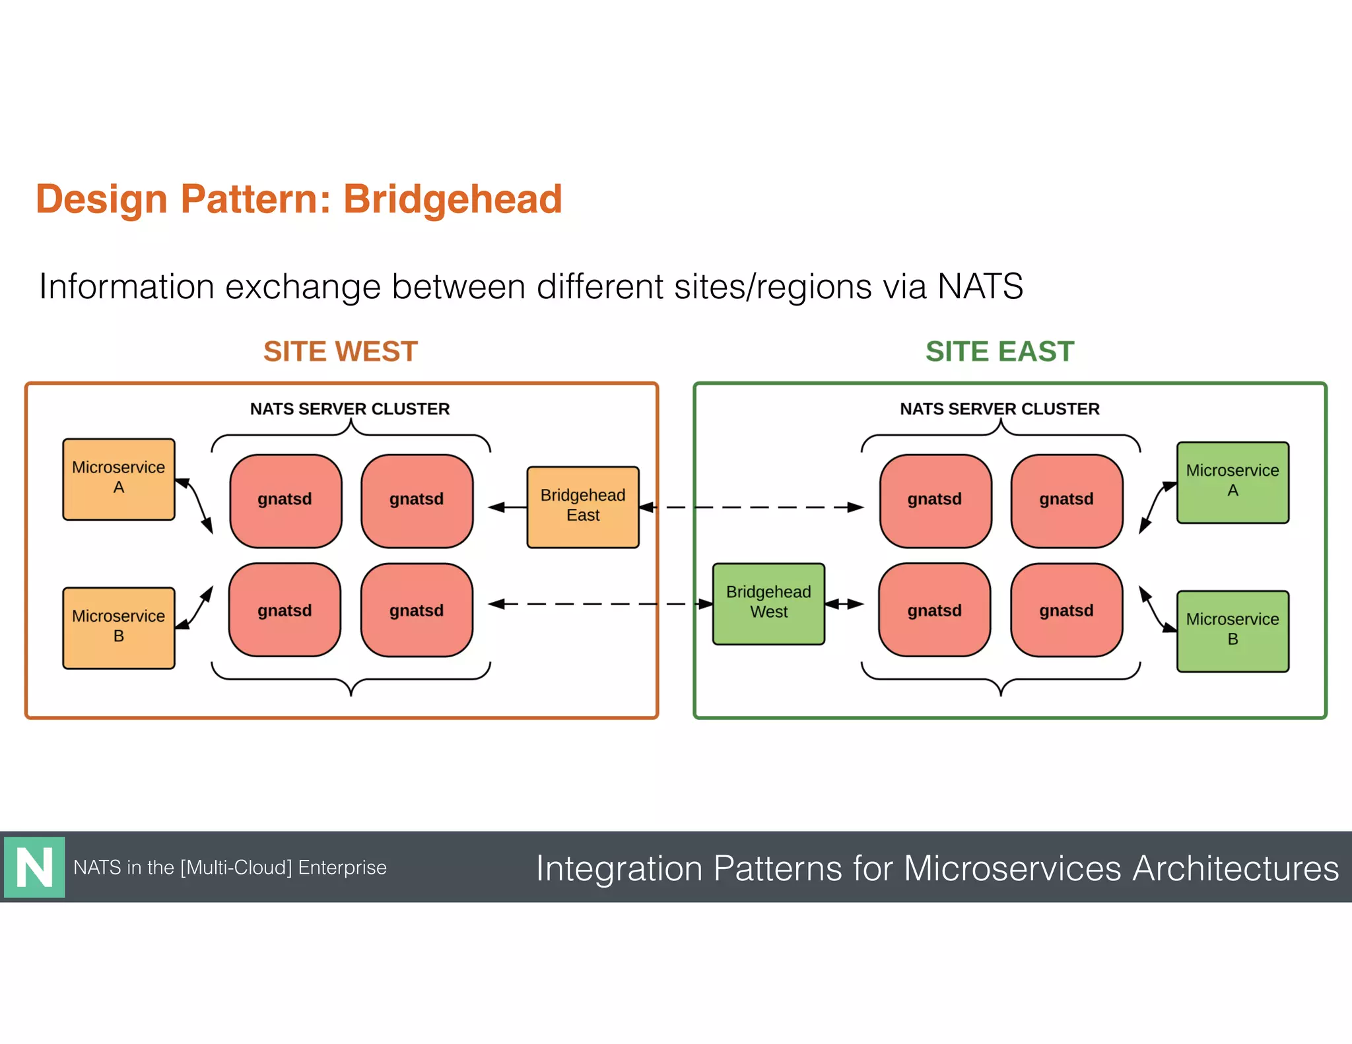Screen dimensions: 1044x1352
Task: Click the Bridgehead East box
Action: point(583,507)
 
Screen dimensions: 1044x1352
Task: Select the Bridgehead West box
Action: point(768,603)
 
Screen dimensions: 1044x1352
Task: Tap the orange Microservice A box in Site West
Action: point(119,479)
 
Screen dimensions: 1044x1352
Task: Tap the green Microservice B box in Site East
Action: point(1233,631)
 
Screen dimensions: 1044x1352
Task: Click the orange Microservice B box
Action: point(119,628)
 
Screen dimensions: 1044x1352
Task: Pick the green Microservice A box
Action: point(1233,482)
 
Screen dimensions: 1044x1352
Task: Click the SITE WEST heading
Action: point(340,351)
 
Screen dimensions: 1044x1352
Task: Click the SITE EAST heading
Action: point(999,351)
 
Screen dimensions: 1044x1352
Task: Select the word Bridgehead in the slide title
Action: point(452,199)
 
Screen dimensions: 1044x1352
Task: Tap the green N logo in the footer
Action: point(34,867)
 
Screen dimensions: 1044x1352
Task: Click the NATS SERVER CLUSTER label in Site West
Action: point(350,408)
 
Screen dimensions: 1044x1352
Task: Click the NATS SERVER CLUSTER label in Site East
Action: point(999,408)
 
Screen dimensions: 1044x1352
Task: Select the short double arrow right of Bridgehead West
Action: point(844,604)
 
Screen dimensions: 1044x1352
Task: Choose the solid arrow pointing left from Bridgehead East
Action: point(507,507)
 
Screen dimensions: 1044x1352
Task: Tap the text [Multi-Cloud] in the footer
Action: point(236,867)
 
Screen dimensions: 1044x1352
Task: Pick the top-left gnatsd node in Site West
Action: point(285,500)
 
